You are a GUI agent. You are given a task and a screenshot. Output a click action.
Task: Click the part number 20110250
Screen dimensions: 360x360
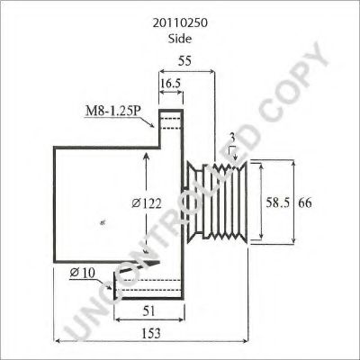pyautogui.click(x=180, y=23)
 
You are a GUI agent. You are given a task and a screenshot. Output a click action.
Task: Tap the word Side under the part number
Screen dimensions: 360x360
pyautogui.click(x=180, y=39)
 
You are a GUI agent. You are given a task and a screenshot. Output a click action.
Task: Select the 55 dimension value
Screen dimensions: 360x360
pyautogui.click(x=184, y=61)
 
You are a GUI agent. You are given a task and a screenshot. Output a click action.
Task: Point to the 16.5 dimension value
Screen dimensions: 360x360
pyautogui.click(x=170, y=84)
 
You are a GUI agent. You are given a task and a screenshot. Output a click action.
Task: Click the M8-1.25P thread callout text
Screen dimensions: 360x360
pyautogui.click(x=113, y=111)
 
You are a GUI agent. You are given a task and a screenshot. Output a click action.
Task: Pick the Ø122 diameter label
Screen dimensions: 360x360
pyautogui.click(x=147, y=203)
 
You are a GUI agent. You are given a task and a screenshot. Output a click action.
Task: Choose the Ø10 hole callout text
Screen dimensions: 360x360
pyautogui.click(x=82, y=273)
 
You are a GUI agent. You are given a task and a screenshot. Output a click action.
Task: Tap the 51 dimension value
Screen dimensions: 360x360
pyautogui.click(x=149, y=311)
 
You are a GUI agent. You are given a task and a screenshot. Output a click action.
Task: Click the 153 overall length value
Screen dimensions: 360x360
pyautogui.click(x=150, y=333)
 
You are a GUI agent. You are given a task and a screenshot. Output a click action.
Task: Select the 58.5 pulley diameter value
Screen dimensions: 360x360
pyautogui.click(x=278, y=203)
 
